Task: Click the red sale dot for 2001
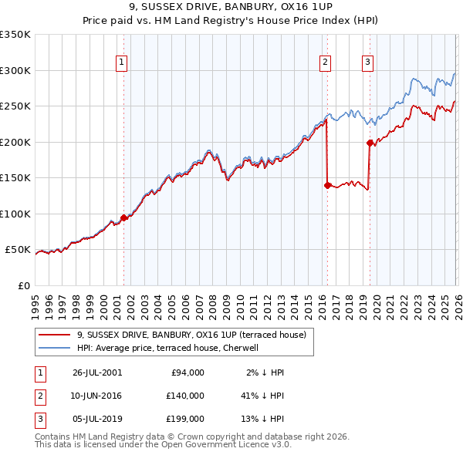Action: [123, 218]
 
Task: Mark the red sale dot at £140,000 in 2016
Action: [327, 185]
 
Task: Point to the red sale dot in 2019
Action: [370, 143]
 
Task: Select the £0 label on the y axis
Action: [23, 285]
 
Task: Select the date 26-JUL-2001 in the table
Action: [96, 372]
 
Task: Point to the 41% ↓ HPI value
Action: [262, 396]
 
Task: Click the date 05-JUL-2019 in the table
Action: [96, 419]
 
